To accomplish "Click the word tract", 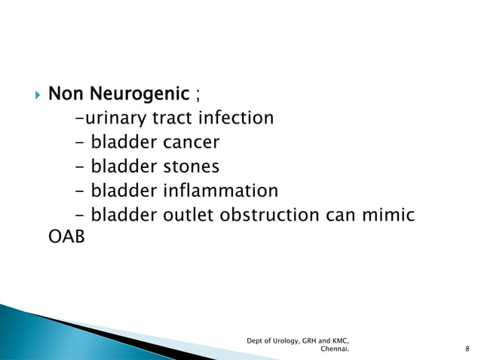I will [175, 118].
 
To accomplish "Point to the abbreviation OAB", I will [62, 239].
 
